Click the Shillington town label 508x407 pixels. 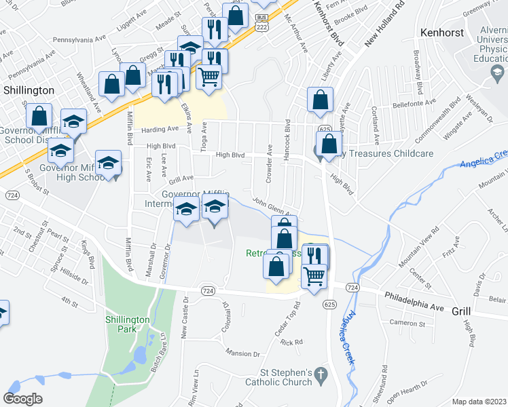click(x=29, y=90)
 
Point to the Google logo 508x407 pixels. click(x=22, y=398)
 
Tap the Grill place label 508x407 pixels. click(x=461, y=310)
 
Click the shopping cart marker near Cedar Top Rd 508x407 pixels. click(x=313, y=275)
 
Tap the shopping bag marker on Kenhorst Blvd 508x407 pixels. click(x=319, y=99)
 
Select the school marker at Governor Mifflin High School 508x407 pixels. click(x=108, y=162)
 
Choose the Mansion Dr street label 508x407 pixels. click(x=243, y=354)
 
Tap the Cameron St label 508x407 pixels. click(x=407, y=324)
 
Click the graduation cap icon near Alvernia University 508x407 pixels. click(x=498, y=71)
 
